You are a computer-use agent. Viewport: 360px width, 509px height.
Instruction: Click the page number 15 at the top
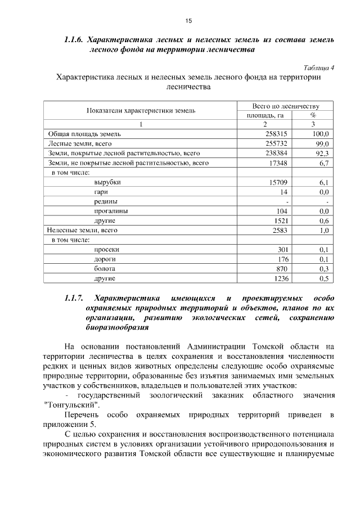[x=188, y=21]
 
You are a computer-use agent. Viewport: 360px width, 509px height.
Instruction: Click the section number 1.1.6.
[x=74, y=40]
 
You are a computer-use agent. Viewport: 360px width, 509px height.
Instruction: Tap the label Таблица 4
[x=319, y=67]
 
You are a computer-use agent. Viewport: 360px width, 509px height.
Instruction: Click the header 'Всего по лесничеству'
[x=286, y=106]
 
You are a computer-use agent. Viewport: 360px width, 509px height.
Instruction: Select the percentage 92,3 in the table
[x=321, y=154]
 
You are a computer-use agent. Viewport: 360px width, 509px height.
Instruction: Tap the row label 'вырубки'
[x=107, y=182]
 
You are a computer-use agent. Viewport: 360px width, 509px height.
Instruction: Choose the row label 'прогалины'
[x=111, y=211]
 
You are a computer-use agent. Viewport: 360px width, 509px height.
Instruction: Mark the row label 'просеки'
[x=107, y=249]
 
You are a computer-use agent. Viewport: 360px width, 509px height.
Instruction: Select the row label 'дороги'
[x=105, y=259]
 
